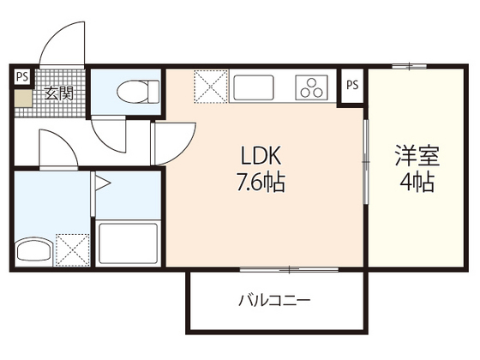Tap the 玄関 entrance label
(58, 93)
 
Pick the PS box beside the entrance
(21, 75)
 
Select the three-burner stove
(312, 87)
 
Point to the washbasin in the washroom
(33, 250)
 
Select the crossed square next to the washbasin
(70, 248)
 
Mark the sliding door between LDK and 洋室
(366, 163)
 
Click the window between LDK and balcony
(291, 270)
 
